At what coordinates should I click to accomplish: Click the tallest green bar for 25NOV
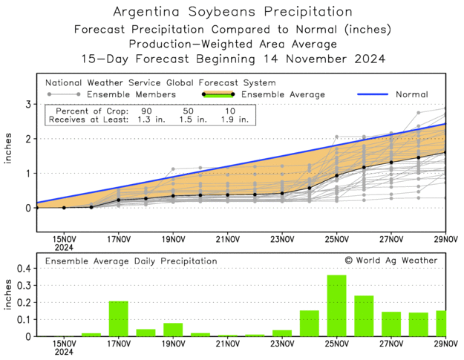(336, 306)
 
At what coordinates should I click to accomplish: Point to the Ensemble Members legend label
(131, 94)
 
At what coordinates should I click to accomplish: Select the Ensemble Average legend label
(285, 94)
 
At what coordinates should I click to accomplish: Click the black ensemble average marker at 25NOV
(336, 176)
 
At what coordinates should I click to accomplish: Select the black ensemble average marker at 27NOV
(391, 163)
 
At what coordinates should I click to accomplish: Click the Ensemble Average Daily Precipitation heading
(131, 261)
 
